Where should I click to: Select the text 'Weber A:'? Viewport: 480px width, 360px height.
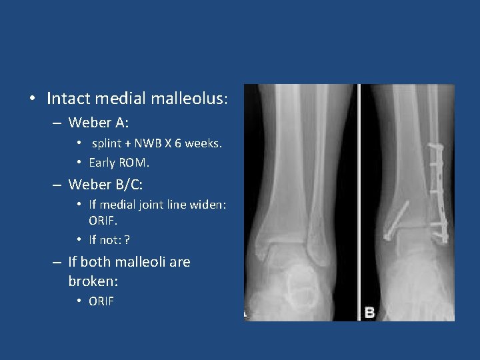[x=99, y=123]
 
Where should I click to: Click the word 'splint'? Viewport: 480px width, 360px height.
[x=107, y=143]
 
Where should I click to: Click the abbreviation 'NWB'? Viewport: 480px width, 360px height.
[x=147, y=143]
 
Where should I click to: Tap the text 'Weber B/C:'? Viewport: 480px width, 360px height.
[x=105, y=184]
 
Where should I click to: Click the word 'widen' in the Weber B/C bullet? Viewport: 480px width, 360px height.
[x=210, y=205]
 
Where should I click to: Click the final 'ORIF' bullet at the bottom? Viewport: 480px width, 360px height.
[x=101, y=301]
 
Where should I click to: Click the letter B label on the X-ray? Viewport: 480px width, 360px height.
[x=369, y=312]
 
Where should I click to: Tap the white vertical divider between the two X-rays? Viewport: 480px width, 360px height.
[x=359, y=200]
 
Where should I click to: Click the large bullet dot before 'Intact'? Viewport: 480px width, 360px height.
[x=33, y=99]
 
